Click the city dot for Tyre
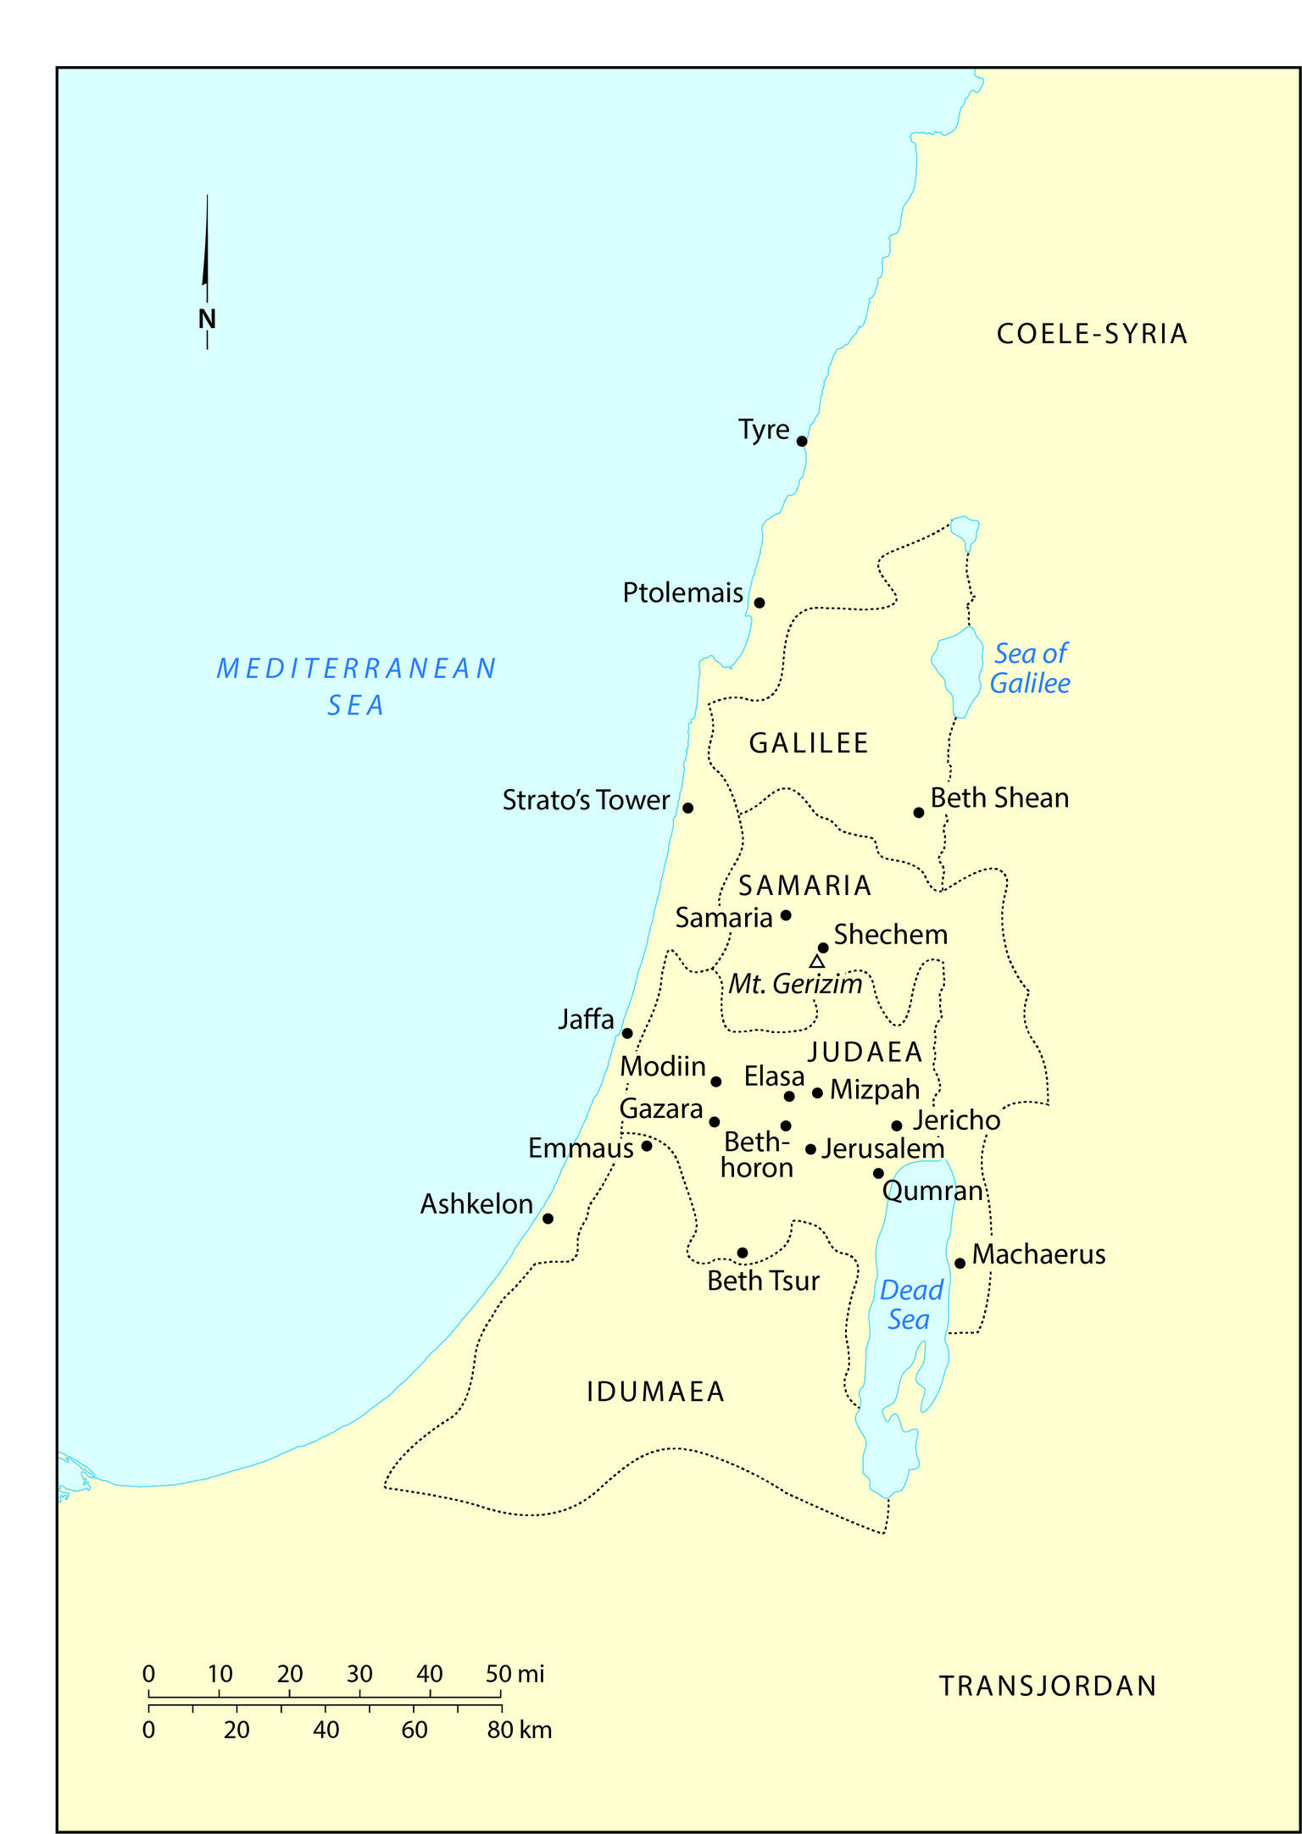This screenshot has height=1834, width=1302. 802,441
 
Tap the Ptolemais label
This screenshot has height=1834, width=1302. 682,592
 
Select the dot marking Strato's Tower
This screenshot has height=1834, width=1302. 687,808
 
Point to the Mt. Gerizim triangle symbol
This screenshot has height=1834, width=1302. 816,962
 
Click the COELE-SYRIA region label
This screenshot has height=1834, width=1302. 1091,334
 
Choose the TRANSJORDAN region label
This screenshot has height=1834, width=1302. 1048,1686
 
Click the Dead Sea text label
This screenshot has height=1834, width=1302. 910,1305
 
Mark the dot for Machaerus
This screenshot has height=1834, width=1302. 960,1263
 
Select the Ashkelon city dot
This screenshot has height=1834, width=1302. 548,1218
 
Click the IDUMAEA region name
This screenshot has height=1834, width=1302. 655,1392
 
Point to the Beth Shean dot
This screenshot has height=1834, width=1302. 918,812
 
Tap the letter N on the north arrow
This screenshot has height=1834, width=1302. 207,319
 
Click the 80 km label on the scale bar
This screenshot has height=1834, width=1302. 519,1730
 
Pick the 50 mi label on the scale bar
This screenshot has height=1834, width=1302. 515,1674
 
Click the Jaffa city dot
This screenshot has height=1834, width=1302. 627,1032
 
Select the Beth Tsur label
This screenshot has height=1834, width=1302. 763,1280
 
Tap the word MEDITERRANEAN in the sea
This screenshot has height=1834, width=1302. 356,669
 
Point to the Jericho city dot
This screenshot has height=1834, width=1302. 896,1125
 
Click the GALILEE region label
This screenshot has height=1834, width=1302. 809,743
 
